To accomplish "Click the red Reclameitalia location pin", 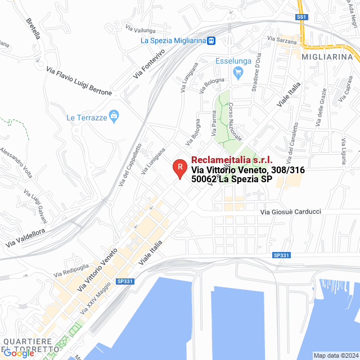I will (179, 168).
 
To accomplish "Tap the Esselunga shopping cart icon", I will (238, 72).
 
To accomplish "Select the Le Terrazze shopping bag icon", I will (114, 117).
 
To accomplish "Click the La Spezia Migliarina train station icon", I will (211, 40).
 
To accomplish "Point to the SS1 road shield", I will (303, 17).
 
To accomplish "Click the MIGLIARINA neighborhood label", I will (330, 57).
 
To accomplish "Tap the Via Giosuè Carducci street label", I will (291, 211).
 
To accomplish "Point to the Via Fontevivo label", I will (149, 65).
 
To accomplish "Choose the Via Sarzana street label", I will (281, 39).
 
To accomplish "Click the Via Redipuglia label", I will (72, 269).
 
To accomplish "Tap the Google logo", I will (19, 353).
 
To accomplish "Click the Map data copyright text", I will (335, 355).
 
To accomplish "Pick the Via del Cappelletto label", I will (130, 164).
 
